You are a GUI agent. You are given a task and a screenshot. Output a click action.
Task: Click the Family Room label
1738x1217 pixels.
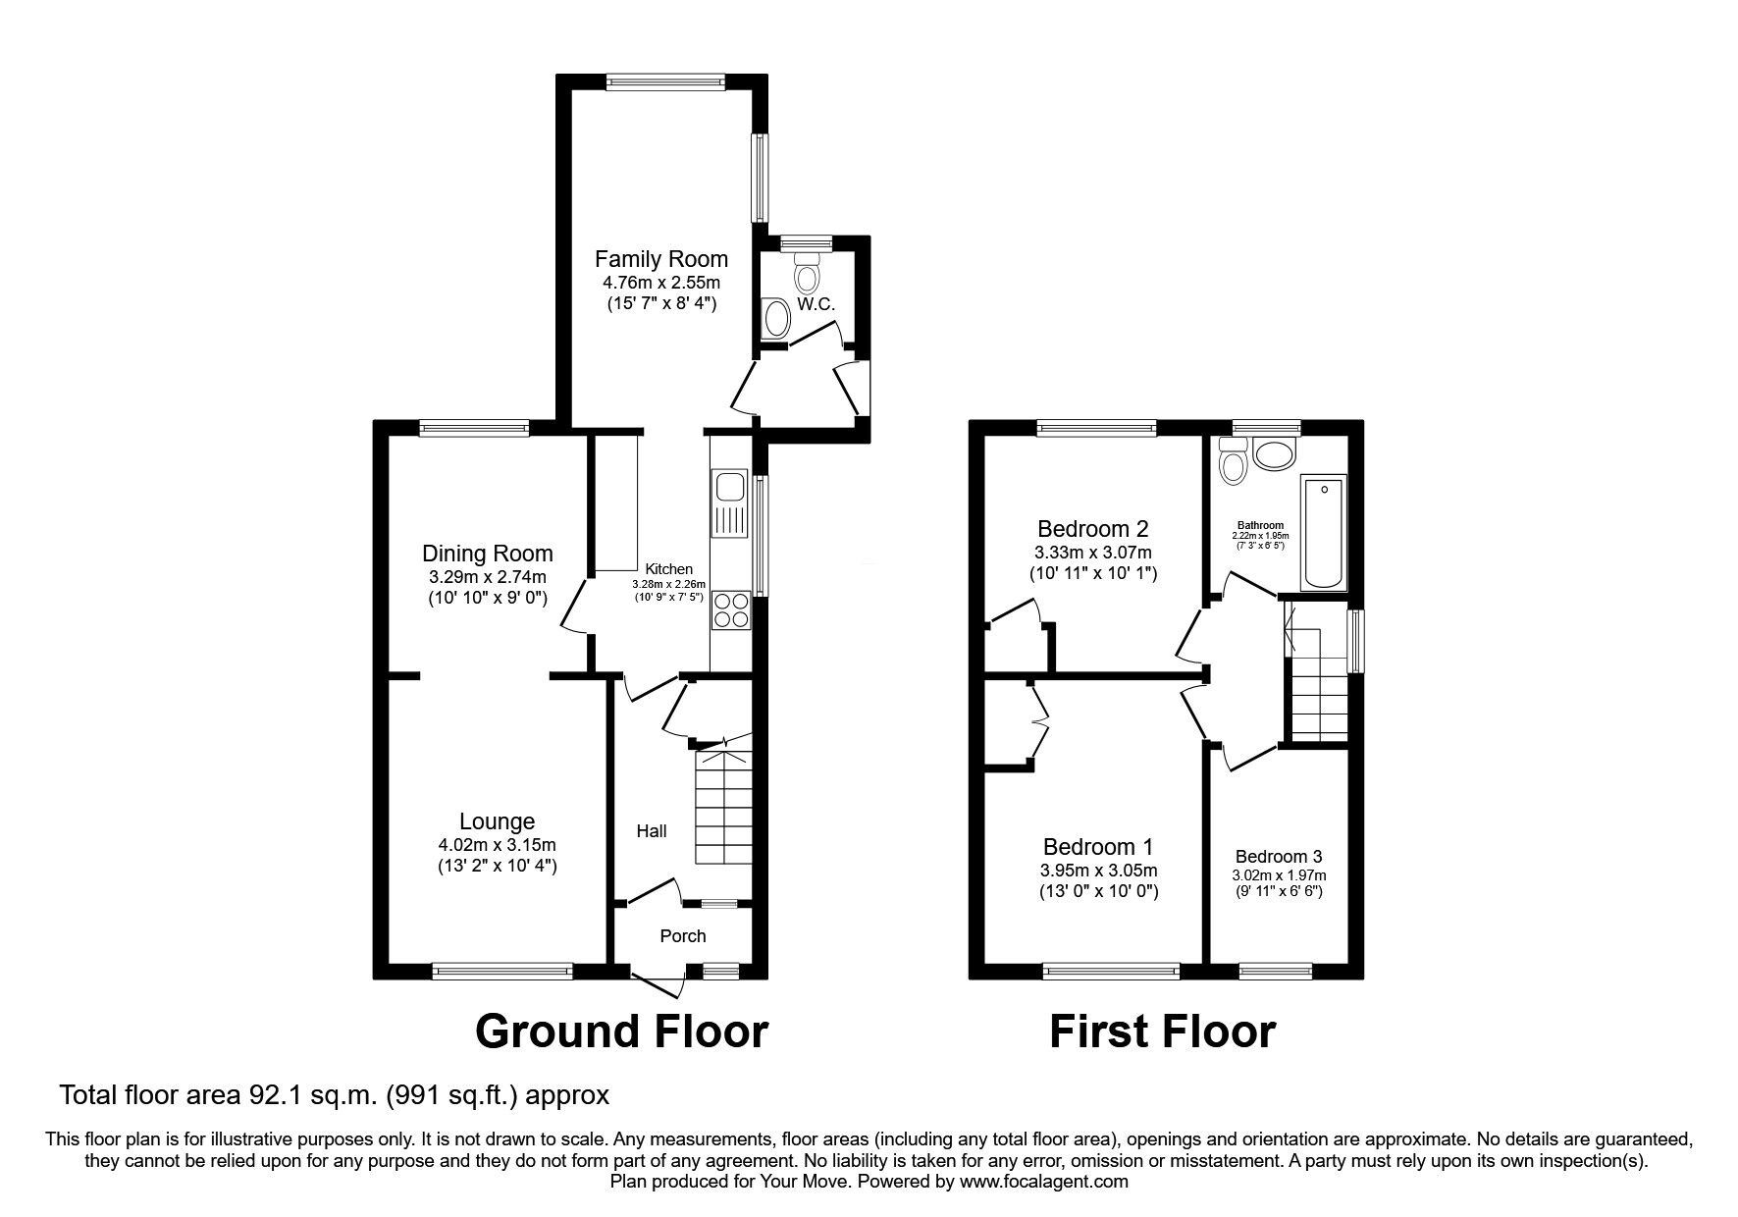click(661, 259)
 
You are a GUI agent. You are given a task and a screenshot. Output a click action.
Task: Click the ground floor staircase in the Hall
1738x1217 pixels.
click(724, 807)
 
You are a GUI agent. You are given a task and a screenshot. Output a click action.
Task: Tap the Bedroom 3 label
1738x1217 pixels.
click(1278, 856)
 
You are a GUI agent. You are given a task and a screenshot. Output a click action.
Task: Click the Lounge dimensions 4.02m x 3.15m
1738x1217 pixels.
click(498, 844)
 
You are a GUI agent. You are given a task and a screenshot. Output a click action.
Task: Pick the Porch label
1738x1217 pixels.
click(682, 935)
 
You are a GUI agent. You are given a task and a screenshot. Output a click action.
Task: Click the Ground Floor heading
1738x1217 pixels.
click(621, 1032)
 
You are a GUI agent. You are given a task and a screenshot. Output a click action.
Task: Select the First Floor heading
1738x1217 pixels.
click(1162, 1032)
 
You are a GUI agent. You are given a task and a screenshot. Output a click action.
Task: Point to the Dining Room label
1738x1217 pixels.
click(488, 554)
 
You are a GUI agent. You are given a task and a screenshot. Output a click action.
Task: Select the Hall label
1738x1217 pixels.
click(652, 831)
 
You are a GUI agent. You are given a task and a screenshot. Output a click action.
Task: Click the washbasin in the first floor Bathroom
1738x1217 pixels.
click(1274, 455)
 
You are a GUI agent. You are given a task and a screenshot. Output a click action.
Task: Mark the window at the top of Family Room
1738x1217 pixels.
click(665, 82)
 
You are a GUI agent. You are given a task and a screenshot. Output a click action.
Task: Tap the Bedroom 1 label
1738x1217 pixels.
click(1098, 846)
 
